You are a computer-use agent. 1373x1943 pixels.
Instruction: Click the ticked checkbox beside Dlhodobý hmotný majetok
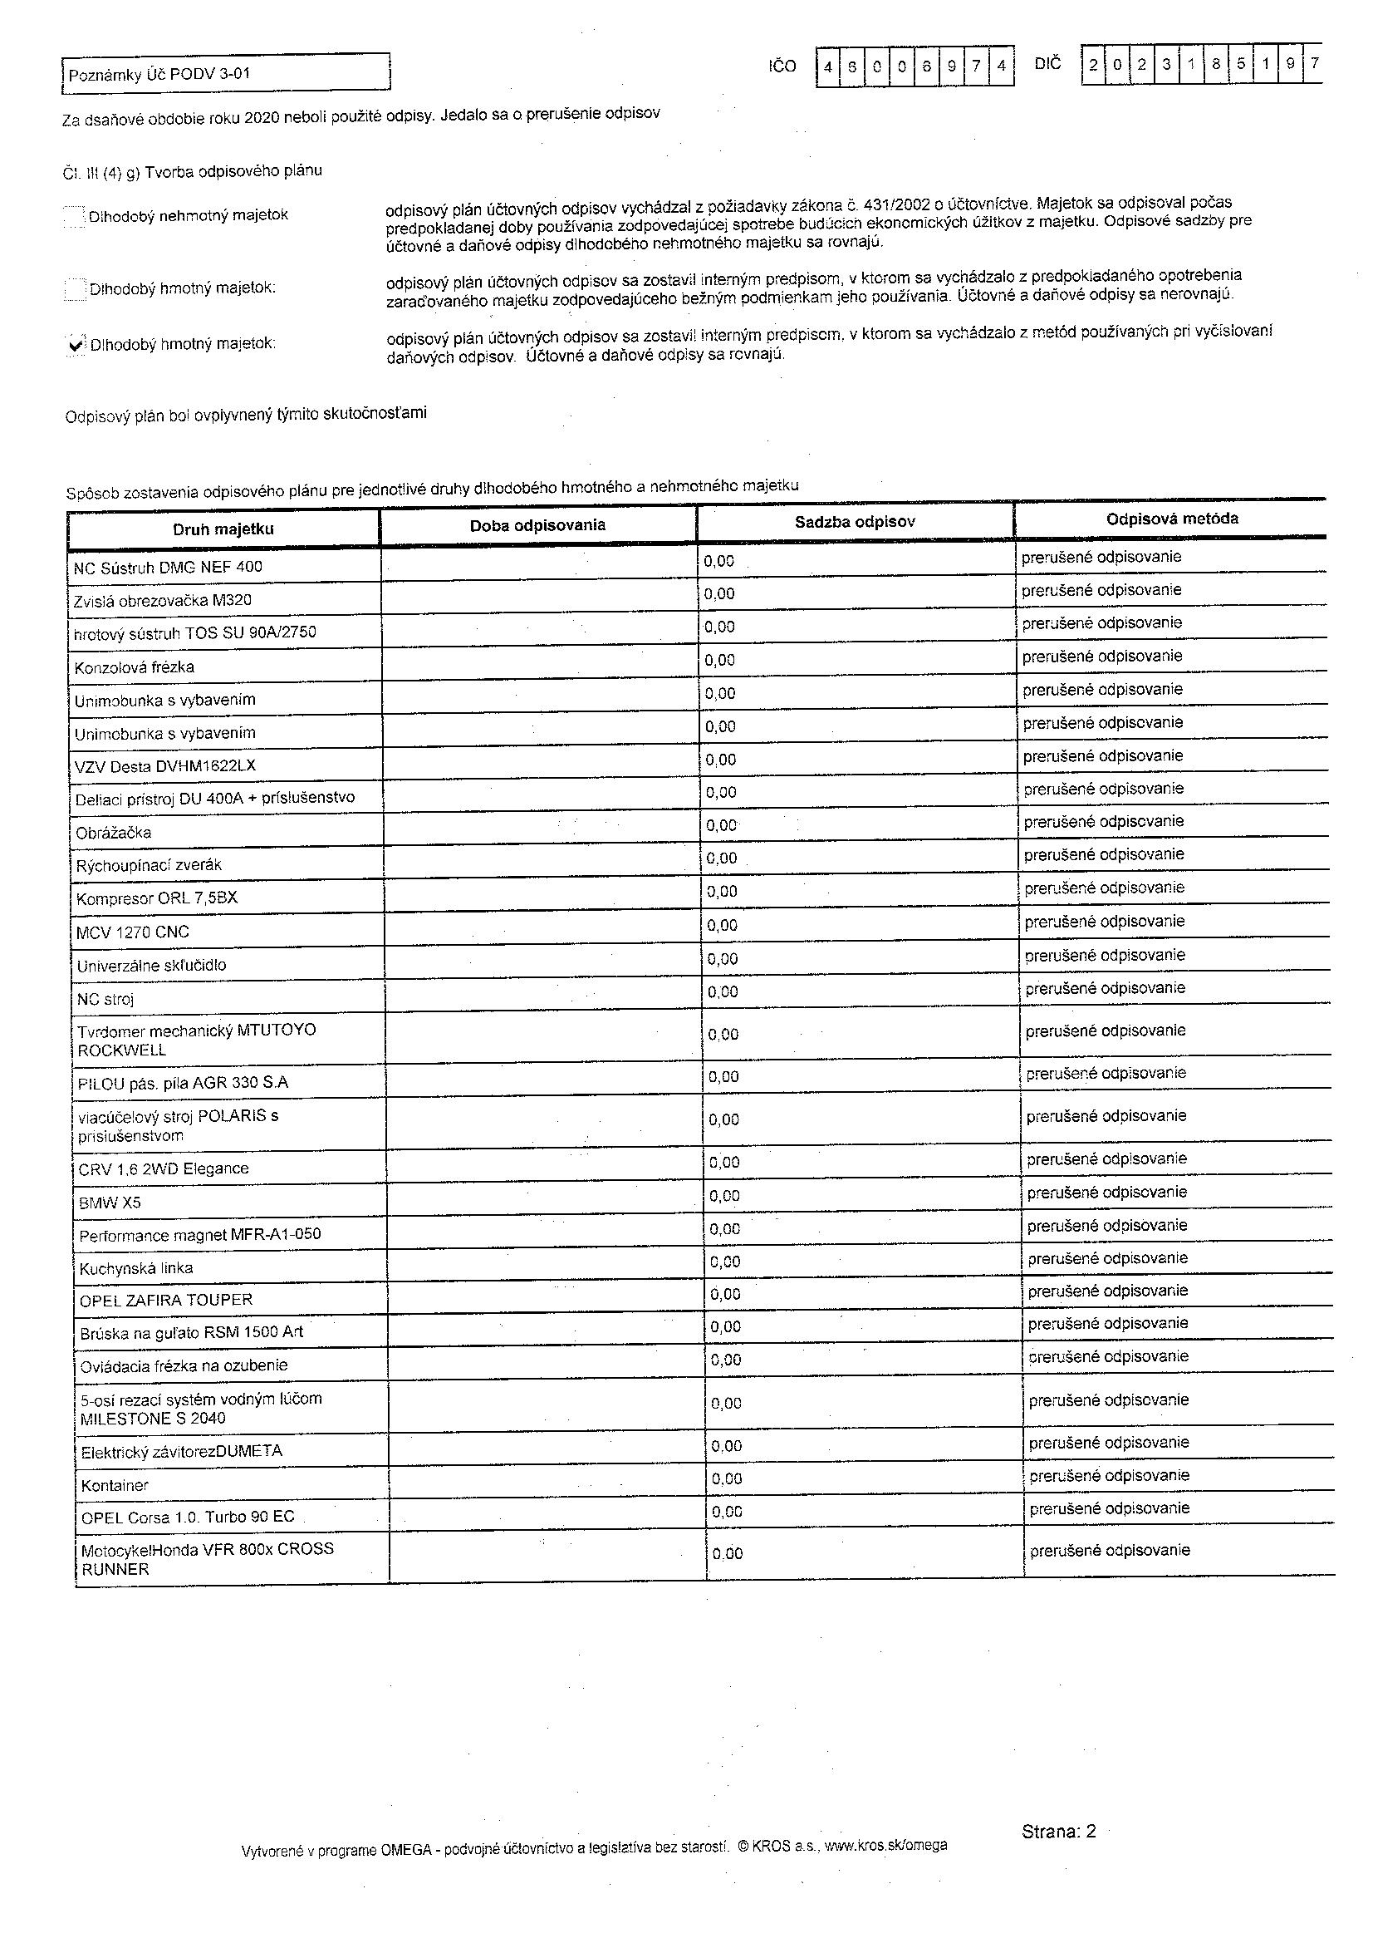(76, 343)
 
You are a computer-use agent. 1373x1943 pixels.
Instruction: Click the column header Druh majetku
(223, 529)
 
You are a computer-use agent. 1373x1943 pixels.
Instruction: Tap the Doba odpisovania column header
(538, 525)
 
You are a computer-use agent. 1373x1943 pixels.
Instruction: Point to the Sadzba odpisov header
(855, 522)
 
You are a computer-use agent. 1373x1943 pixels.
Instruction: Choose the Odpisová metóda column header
(1172, 519)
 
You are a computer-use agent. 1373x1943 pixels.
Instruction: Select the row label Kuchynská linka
(136, 1267)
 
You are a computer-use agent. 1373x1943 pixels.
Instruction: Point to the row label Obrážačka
(113, 833)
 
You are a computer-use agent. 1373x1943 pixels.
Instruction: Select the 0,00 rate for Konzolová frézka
(720, 660)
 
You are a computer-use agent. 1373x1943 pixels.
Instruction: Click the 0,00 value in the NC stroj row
(723, 991)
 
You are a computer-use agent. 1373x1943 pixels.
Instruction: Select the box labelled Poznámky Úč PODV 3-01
(226, 73)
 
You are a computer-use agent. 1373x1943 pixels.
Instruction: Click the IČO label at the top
(782, 66)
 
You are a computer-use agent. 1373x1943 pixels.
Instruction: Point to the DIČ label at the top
(1047, 63)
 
